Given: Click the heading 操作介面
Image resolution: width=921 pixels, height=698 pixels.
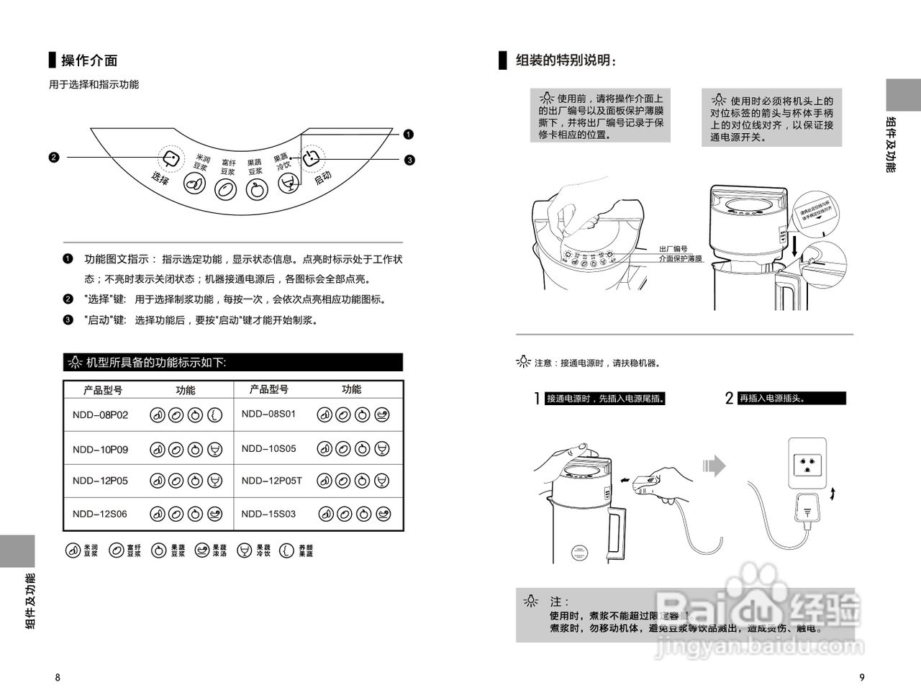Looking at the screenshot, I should pyautogui.click(x=89, y=61).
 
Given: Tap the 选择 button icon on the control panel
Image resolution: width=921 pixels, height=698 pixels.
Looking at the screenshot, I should pyautogui.click(x=170, y=159).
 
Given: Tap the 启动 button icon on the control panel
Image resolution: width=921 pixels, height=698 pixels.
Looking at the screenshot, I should pyautogui.click(x=310, y=158).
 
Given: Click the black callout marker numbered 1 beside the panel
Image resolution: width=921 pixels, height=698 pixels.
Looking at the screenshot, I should pyautogui.click(x=409, y=134).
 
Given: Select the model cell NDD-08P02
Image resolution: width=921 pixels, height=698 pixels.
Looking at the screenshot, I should pyautogui.click(x=100, y=415).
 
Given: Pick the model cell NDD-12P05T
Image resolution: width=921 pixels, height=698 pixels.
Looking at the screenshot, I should pyautogui.click(x=272, y=481).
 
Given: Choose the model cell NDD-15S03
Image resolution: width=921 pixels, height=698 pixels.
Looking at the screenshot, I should pyautogui.click(x=268, y=514).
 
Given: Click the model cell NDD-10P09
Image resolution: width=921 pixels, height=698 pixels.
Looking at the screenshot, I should pyautogui.click(x=100, y=450).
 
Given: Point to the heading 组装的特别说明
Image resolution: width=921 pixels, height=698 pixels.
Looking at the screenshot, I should pyautogui.click(x=566, y=61).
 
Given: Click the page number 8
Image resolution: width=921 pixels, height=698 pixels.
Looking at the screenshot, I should pyautogui.click(x=58, y=677).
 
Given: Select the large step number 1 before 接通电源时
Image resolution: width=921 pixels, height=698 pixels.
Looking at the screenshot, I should pyautogui.click(x=537, y=399).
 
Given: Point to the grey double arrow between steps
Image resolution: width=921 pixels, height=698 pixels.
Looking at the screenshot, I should pyautogui.click(x=714, y=466).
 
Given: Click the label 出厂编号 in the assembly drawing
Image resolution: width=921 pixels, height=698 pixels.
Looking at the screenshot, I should pyautogui.click(x=674, y=248).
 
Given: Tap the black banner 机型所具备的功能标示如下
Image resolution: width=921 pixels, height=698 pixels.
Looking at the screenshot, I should pyautogui.click(x=233, y=363).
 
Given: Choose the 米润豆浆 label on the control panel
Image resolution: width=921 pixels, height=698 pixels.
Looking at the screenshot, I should pyautogui.click(x=202, y=161).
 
